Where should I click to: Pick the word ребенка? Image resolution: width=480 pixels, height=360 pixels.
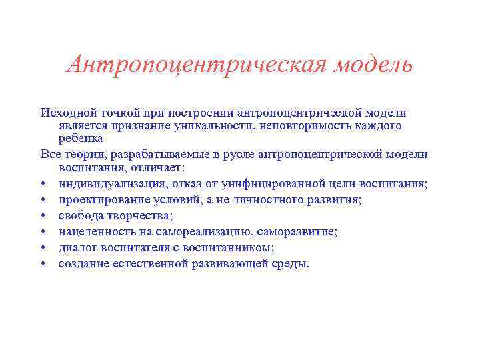[81, 138]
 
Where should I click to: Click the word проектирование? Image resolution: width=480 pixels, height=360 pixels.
[100, 199]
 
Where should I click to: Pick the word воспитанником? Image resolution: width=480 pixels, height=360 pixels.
[233, 247]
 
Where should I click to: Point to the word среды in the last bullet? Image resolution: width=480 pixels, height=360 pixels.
[291, 264]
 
